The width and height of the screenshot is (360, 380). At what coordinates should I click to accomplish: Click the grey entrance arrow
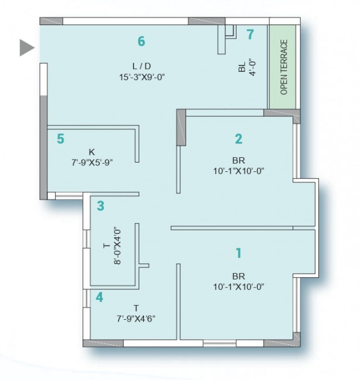(26, 48)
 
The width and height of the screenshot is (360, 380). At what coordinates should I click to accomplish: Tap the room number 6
(142, 41)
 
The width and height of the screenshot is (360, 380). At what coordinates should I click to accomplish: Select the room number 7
(250, 34)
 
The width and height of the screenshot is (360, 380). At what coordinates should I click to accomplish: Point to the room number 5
(61, 139)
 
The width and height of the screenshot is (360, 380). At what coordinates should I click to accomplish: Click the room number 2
(239, 139)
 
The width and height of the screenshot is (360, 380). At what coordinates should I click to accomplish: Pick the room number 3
(101, 206)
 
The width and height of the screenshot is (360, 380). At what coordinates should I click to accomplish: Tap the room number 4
(100, 297)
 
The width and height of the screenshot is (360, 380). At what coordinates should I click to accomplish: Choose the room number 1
(239, 253)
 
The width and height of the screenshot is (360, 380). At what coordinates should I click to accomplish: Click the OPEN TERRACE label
(283, 67)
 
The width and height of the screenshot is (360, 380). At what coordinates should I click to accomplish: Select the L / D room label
(142, 66)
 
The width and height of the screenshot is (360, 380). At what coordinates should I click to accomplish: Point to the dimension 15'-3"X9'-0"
(142, 77)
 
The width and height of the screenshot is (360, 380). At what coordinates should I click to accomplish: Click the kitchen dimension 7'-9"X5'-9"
(92, 163)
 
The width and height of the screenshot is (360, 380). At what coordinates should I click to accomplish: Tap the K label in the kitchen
(92, 152)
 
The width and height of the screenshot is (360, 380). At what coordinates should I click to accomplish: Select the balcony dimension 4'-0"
(252, 68)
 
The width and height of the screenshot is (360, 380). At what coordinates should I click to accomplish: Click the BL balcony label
(242, 67)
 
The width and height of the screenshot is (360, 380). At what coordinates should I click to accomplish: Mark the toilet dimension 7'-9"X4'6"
(136, 319)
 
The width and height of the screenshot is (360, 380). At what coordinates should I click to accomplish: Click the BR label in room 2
(239, 160)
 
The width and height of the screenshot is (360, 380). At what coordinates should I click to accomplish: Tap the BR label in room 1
(239, 277)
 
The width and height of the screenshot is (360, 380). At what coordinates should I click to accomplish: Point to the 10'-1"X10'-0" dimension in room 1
(239, 287)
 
